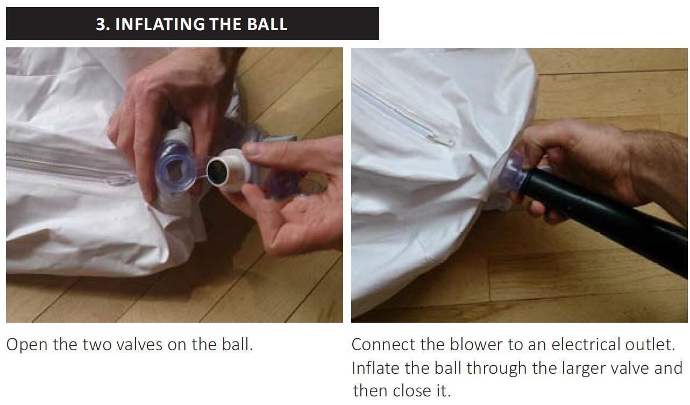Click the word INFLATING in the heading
(x=160, y=24)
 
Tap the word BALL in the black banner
(x=267, y=24)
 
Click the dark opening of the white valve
(x=217, y=172)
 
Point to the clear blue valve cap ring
(x=175, y=166)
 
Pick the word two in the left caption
(x=97, y=345)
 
